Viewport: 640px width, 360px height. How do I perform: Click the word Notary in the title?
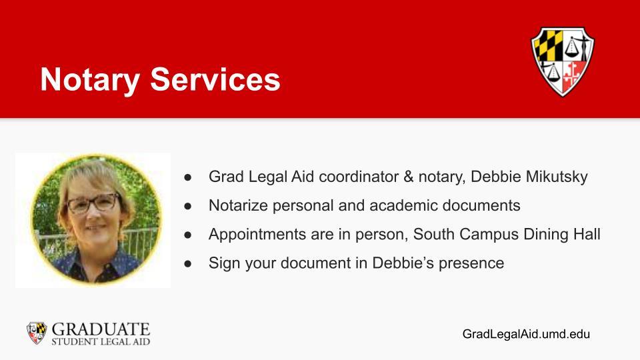click(x=90, y=80)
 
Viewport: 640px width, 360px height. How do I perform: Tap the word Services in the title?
click(x=215, y=79)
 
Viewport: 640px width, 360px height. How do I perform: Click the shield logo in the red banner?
click(x=563, y=61)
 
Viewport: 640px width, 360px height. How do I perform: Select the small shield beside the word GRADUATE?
click(x=37, y=333)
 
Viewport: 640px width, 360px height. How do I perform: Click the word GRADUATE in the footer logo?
click(x=101, y=329)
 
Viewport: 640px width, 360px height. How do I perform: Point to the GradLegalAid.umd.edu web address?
click(x=526, y=334)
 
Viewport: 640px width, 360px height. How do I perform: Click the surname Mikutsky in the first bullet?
click(x=557, y=177)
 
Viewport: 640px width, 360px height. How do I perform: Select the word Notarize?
click(x=239, y=205)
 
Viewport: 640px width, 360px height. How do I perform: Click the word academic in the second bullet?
click(x=409, y=205)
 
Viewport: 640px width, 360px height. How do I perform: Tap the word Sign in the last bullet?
click(x=224, y=263)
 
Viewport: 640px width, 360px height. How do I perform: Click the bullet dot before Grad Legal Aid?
click(x=188, y=177)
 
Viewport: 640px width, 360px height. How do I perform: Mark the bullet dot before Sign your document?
click(x=188, y=264)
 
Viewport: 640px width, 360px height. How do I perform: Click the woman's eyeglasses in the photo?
click(x=93, y=203)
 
